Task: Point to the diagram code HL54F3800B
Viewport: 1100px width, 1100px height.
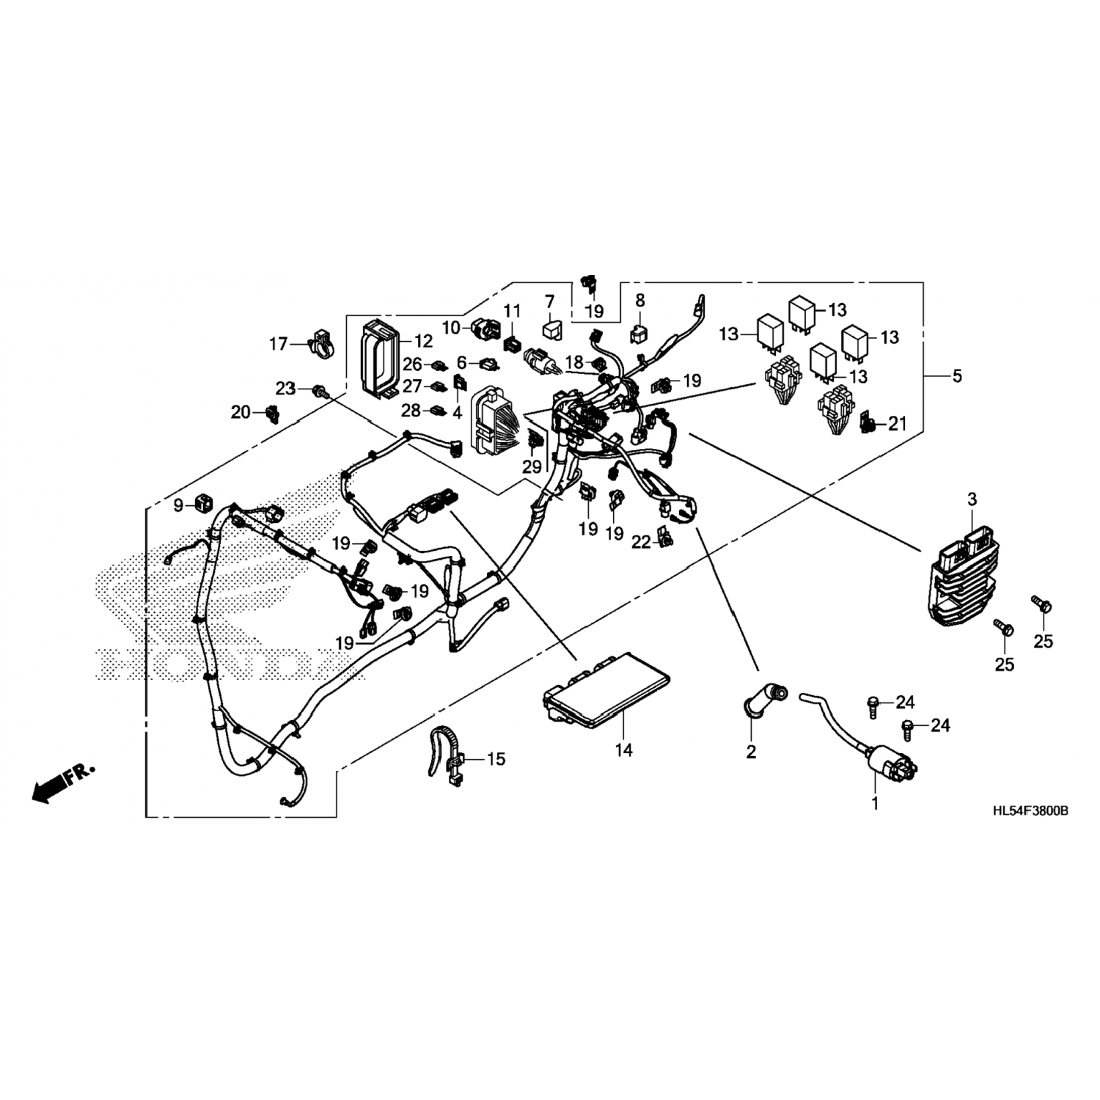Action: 1029,812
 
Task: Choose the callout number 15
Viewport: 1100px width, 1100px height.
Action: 496,758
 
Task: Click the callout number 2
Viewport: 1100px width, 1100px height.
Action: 751,752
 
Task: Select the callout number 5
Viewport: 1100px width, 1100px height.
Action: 957,376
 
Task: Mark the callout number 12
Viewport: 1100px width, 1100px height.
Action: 423,341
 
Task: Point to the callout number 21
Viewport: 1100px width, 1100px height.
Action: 898,423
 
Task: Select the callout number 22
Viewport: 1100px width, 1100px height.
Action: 641,541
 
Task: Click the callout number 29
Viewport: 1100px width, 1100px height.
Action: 531,467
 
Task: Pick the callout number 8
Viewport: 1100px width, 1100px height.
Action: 639,299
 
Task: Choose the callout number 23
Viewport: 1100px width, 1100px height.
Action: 285,388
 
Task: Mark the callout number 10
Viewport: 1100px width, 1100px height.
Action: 450,327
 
